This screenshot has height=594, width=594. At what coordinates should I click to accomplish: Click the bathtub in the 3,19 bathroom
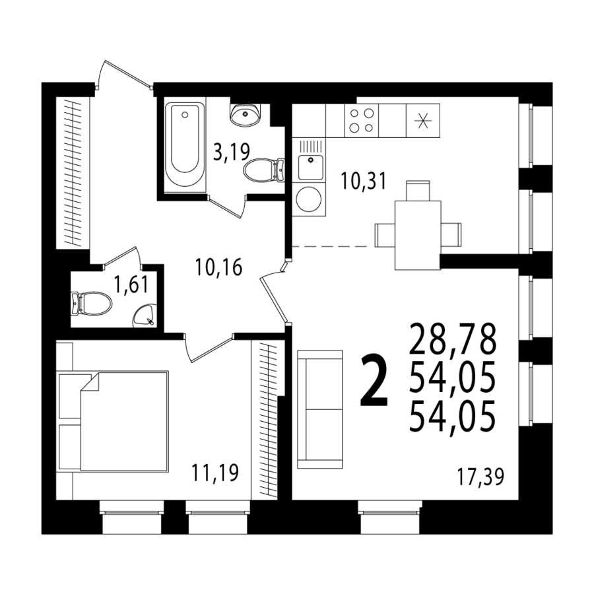click(185, 145)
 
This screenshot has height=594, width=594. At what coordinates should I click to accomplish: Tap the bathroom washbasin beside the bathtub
click(245, 114)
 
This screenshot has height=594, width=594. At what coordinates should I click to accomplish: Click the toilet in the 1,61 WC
click(91, 303)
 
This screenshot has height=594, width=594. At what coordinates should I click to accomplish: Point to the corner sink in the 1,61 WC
click(144, 316)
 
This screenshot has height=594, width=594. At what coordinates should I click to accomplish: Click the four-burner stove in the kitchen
click(362, 121)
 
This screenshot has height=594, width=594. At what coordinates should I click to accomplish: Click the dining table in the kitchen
click(418, 235)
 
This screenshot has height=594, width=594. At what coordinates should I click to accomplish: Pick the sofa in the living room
click(320, 409)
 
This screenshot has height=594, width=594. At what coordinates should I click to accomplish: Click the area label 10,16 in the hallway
click(218, 267)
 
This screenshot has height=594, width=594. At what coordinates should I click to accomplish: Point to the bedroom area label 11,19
click(215, 473)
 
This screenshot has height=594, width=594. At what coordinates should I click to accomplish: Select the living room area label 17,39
click(480, 477)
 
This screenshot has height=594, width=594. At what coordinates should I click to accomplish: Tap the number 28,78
click(453, 338)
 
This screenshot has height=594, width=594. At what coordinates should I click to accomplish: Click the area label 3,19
click(232, 152)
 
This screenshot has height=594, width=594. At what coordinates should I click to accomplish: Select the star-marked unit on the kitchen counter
click(423, 121)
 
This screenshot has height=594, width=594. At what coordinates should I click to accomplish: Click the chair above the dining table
click(418, 191)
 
